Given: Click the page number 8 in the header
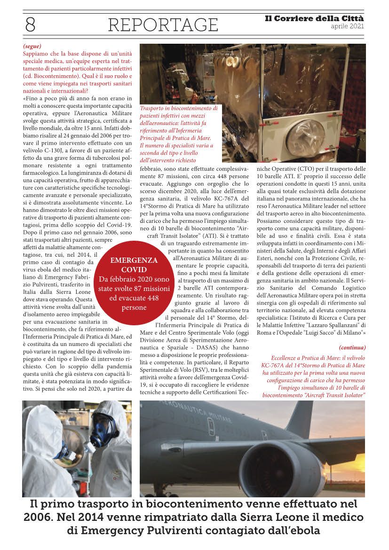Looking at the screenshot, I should coord(30,24).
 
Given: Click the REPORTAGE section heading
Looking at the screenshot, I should coord(163,24).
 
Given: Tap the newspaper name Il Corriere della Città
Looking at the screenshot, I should coord(314,18).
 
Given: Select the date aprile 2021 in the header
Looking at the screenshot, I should coord(347,26).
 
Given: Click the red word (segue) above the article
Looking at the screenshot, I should coord(32,46).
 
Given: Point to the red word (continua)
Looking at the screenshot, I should coord(352,347).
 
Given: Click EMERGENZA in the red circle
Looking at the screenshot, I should coord(134,260).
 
